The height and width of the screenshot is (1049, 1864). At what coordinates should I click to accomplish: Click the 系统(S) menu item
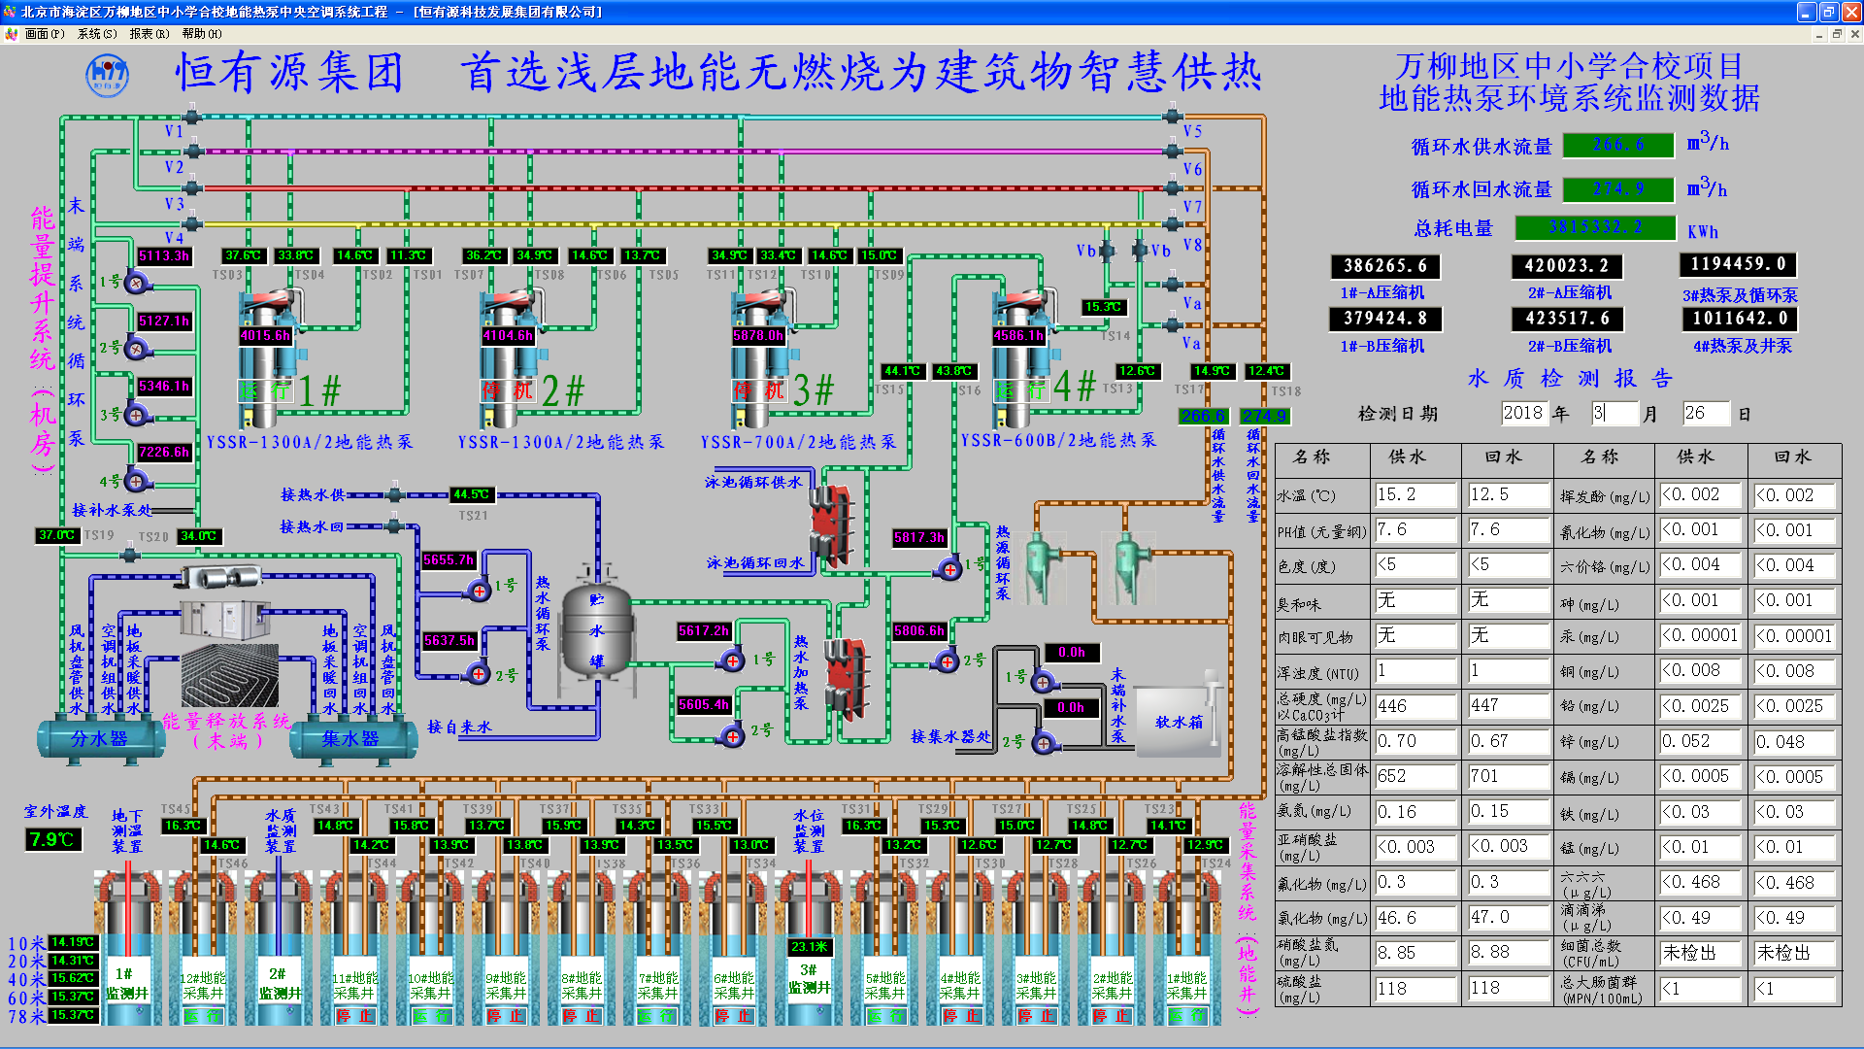[x=96, y=34]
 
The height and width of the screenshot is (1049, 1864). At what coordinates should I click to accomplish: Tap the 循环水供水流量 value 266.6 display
[x=1618, y=145]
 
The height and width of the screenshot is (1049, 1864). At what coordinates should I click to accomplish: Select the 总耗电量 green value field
[x=1595, y=227]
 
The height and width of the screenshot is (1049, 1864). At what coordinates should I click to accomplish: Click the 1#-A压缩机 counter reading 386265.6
[x=1384, y=266]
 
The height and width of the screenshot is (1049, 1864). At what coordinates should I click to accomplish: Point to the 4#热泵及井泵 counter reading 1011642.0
[x=1739, y=319]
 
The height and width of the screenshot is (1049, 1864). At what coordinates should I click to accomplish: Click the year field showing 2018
[x=1523, y=413]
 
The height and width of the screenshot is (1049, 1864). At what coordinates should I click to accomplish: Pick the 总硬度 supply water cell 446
[x=1415, y=706]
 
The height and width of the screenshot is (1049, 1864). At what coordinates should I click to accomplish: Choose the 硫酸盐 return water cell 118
[x=1507, y=989]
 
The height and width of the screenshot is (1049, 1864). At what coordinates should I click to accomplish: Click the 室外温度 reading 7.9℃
[x=52, y=839]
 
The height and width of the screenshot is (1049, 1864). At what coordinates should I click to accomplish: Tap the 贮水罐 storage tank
[x=597, y=631]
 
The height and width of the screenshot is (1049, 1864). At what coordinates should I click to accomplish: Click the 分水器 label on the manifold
[x=99, y=739]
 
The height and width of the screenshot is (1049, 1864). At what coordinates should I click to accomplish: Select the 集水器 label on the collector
[x=350, y=739]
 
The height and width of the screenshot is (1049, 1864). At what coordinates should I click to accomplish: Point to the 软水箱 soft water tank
[x=1178, y=722]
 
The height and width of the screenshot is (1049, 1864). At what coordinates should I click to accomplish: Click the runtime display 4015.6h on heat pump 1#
[x=265, y=336]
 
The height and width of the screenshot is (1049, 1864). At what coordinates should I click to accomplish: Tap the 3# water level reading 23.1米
[x=809, y=947]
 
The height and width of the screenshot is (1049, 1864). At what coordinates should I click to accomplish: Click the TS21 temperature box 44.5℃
[x=472, y=494]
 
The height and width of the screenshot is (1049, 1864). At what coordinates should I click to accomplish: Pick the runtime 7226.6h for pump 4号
[x=164, y=453]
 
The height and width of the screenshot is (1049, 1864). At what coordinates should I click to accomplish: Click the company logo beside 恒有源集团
[x=107, y=76]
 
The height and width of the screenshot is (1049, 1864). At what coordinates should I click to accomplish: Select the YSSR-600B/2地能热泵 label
[x=1058, y=441]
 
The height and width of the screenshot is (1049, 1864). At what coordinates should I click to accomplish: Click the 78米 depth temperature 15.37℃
[x=73, y=1016]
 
